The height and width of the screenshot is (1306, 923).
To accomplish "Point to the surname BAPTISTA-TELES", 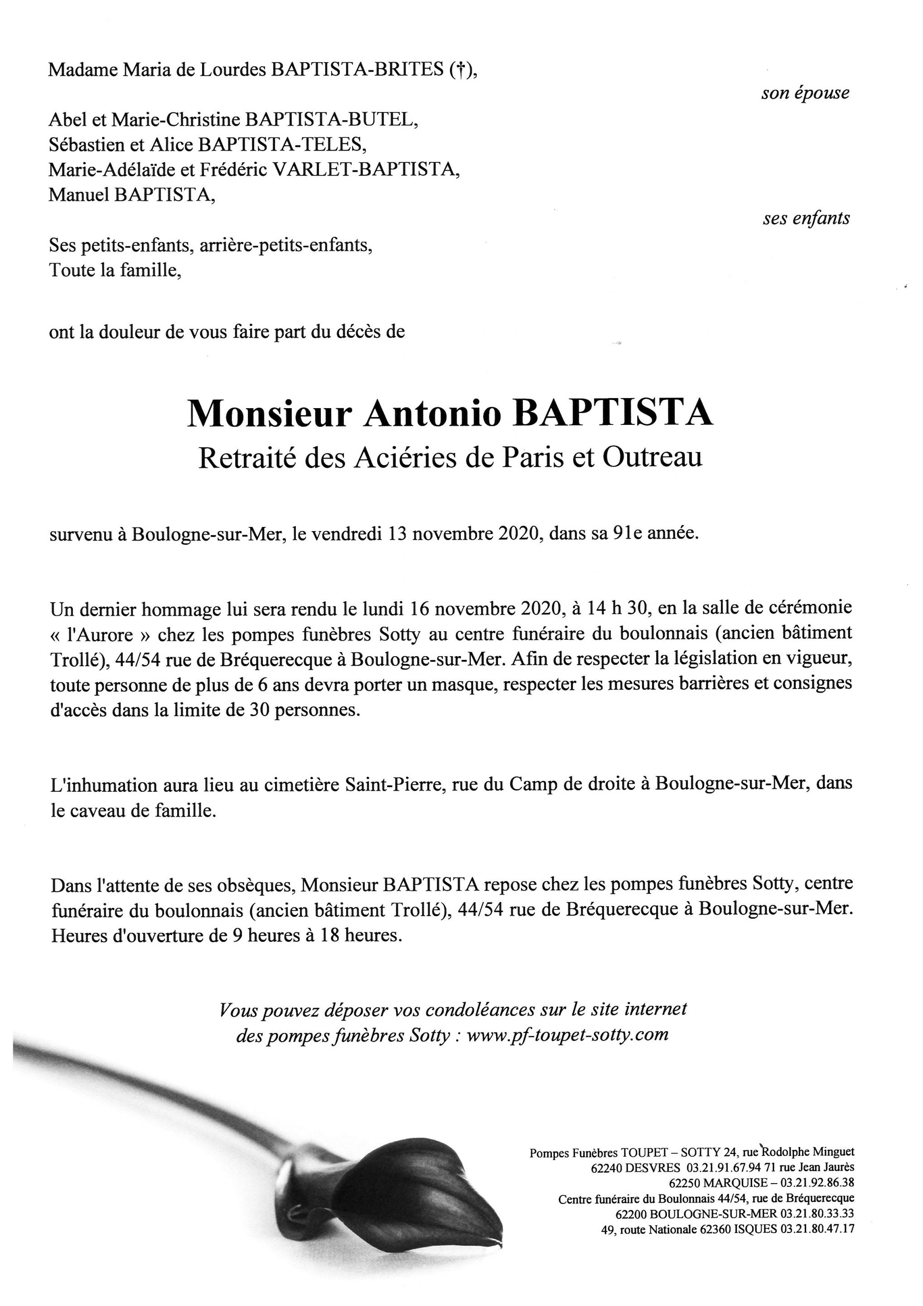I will click(x=281, y=145).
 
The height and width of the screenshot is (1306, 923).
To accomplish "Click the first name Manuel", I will click(x=79, y=195).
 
